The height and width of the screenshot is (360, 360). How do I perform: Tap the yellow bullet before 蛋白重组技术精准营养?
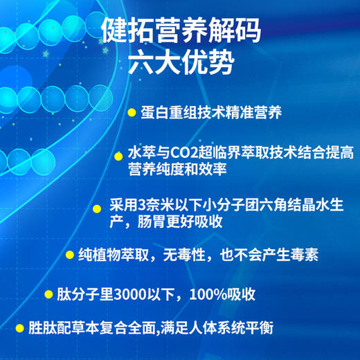tap(132, 112)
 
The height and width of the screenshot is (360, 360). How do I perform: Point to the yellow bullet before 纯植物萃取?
tap(70, 254)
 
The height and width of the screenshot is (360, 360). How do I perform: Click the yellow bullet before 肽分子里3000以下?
tap(48, 294)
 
